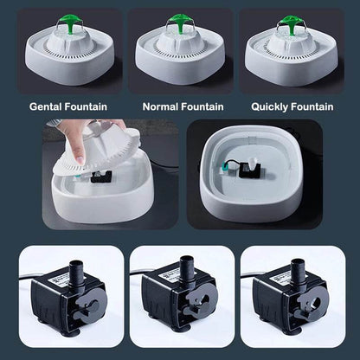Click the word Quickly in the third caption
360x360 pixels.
pos(273,107)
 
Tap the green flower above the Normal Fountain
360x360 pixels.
pos(179,19)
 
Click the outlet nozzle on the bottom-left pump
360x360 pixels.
pos(73,265)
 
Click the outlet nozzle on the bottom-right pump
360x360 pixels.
pos(297,265)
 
